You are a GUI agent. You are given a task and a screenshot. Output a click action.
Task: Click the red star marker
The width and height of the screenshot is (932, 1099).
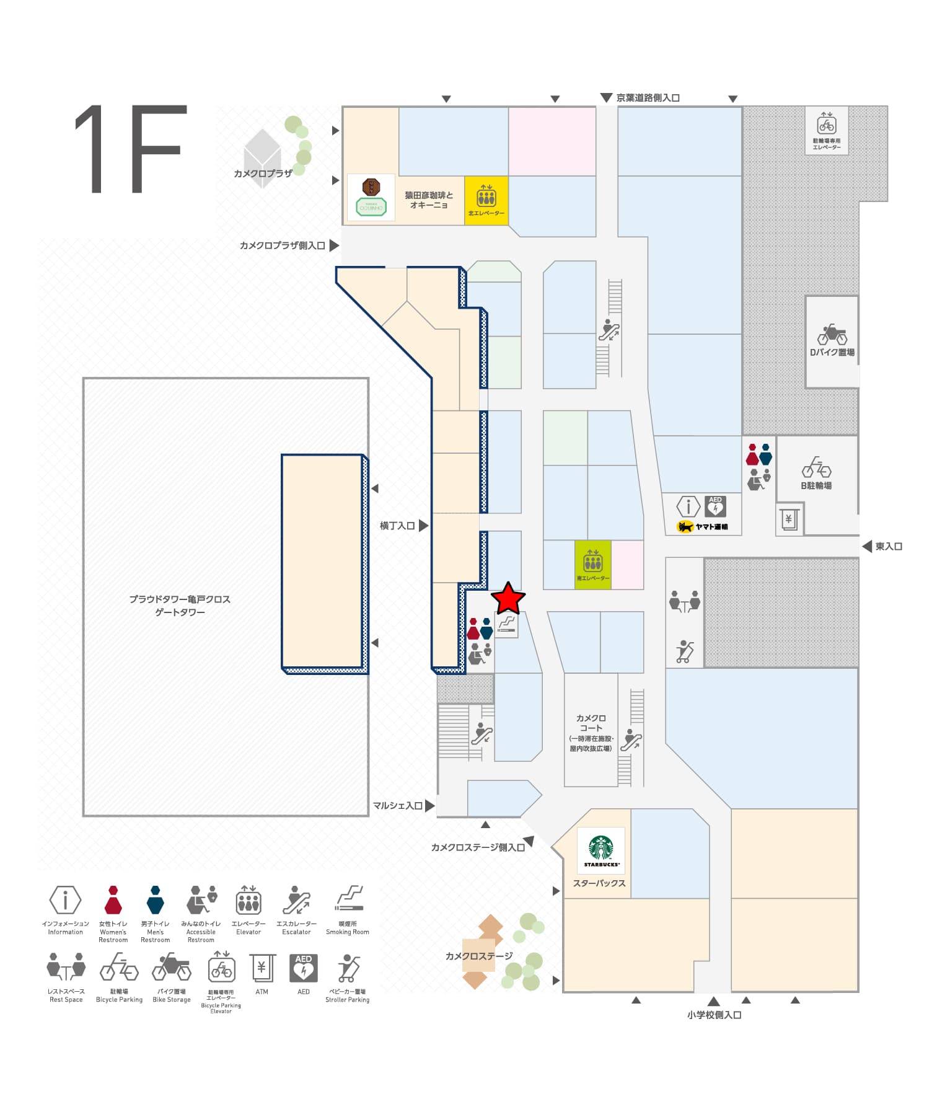[x=508, y=599]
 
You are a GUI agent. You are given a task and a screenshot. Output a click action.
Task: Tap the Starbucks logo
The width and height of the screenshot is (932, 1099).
[x=601, y=850]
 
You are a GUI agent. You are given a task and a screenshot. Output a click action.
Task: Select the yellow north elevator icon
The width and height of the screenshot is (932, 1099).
[x=486, y=197]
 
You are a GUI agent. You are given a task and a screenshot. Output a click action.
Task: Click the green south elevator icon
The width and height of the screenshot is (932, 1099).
[x=593, y=562]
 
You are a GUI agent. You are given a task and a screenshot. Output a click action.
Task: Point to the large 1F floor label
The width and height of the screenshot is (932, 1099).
[x=130, y=149]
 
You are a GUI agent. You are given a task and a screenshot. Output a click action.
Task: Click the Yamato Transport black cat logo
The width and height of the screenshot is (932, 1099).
[x=685, y=527]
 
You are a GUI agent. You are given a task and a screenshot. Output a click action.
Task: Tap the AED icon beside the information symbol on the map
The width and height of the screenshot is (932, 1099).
[x=715, y=506]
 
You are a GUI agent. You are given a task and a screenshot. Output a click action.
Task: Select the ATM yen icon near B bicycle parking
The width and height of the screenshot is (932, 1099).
[x=788, y=519]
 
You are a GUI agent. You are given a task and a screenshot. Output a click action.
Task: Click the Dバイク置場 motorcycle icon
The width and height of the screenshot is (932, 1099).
[x=832, y=335]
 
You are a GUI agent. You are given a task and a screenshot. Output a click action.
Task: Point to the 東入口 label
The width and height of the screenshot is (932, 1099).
[x=889, y=546]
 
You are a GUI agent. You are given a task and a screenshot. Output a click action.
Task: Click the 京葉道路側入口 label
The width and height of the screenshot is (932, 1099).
[x=648, y=98]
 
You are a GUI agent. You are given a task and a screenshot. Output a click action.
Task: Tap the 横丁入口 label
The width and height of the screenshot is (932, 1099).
[x=397, y=526]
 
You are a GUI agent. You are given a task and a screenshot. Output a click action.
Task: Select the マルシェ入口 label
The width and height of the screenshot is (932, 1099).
[x=397, y=806]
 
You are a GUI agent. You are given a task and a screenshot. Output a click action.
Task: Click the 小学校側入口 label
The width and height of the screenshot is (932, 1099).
[x=714, y=1015]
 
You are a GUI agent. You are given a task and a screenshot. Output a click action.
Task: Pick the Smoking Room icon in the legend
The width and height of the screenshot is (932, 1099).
[x=348, y=899]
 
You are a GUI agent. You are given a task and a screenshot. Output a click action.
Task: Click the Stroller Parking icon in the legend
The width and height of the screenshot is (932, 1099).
[x=348, y=968]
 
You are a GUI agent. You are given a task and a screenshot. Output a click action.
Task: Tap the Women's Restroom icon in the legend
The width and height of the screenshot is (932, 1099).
[x=113, y=900]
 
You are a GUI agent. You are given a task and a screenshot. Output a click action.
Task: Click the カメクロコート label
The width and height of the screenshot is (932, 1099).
[x=591, y=723]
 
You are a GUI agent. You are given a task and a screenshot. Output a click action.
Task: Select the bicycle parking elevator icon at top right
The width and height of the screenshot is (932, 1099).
[x=827, y=125]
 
